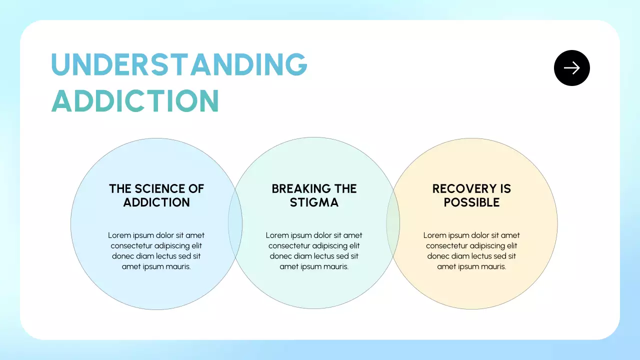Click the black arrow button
(571, 68)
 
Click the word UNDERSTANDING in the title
(179, 64)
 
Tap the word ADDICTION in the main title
(135, 100)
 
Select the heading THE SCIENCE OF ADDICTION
(156, 195)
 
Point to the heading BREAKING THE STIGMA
(314, 195)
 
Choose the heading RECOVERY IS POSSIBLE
(471, 195)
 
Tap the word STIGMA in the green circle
(314, 202)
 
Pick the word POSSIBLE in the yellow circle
(471, 202)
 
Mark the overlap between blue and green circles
(235, 223)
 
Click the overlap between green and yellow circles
(393, 223)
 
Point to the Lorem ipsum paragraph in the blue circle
(156, 250)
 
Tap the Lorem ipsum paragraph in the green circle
(314, 250)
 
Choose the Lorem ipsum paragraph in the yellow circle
(471, 250)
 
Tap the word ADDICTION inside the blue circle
(156, 202)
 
